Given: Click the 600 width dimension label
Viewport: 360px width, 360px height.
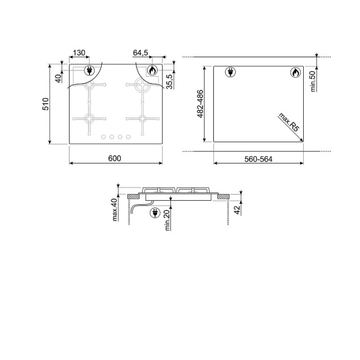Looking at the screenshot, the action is point(114,158).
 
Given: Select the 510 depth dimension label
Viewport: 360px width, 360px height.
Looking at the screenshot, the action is point(46,104).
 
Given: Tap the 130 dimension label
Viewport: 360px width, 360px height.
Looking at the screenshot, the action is point(79,53).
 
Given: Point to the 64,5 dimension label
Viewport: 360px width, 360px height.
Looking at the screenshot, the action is point(140,53).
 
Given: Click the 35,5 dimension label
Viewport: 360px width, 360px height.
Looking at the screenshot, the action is point(170,81).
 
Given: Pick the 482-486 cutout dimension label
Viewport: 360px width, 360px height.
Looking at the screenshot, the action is point(200,104).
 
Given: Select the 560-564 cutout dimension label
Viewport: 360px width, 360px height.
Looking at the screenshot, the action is point(258,159).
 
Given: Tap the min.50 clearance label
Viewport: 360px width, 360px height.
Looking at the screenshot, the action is point(313,81).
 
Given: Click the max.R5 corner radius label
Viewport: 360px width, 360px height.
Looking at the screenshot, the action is point(289,122).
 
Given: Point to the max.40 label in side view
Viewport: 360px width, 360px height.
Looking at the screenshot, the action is point(115,210).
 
